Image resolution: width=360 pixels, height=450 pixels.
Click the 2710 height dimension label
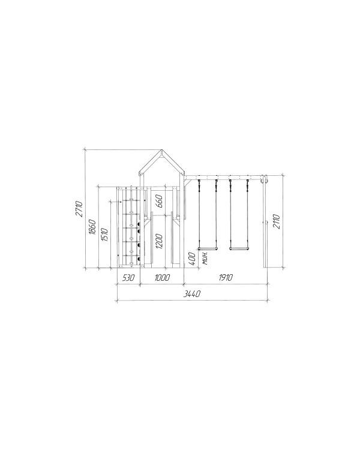[79, 209]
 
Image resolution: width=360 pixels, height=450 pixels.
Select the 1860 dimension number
[92, 227]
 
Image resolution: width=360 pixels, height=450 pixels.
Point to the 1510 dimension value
[104, 235]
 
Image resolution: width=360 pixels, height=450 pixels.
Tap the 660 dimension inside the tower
[159, 201]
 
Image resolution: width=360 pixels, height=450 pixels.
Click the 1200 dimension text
[159, 241]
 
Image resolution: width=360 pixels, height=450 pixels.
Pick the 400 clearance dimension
[192, 258]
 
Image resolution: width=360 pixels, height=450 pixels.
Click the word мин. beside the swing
[205, 258]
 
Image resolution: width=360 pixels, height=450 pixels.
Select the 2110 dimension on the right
[276, 221]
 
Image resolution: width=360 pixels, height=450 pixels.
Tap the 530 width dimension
[128, 278]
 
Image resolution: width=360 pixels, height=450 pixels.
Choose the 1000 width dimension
[162, 278]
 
